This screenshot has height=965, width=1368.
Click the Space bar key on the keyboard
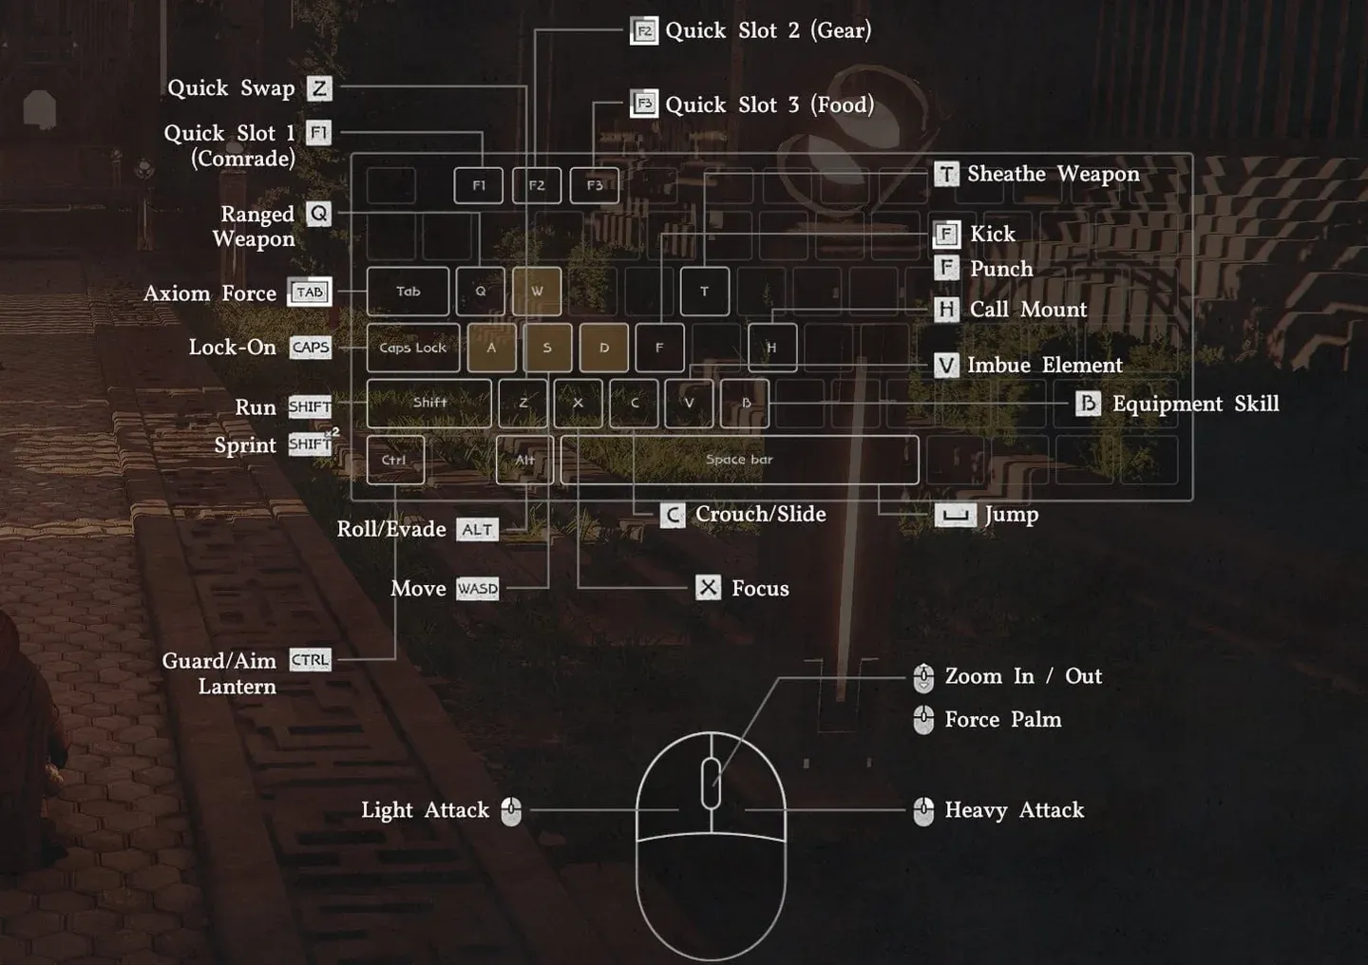[739, 460]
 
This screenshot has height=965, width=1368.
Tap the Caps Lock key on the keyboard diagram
[413, 348]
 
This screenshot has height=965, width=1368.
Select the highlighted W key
[537, 292]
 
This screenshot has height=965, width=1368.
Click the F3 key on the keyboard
[595, 185]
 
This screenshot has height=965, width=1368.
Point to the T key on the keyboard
[704, 292]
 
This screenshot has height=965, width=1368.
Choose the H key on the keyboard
[771, 348]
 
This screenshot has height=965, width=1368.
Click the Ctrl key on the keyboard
[394, 460]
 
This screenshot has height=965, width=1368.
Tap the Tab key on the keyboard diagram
[408, 292]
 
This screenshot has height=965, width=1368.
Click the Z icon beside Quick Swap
[319, 88]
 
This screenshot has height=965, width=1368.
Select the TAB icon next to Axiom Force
[310, 293]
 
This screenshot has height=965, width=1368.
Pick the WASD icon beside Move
[477, 589]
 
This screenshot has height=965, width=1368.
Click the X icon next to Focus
[708, 588]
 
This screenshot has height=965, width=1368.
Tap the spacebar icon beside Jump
[955, 515]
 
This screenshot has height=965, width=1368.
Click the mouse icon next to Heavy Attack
[923, 810]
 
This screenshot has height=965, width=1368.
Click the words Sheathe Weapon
[1053, 174]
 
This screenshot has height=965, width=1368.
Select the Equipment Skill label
[1195, 404]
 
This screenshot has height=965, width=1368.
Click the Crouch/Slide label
[760, 514]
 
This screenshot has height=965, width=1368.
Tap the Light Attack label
[425, 810]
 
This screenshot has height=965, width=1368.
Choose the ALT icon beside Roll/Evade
[477, 530]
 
